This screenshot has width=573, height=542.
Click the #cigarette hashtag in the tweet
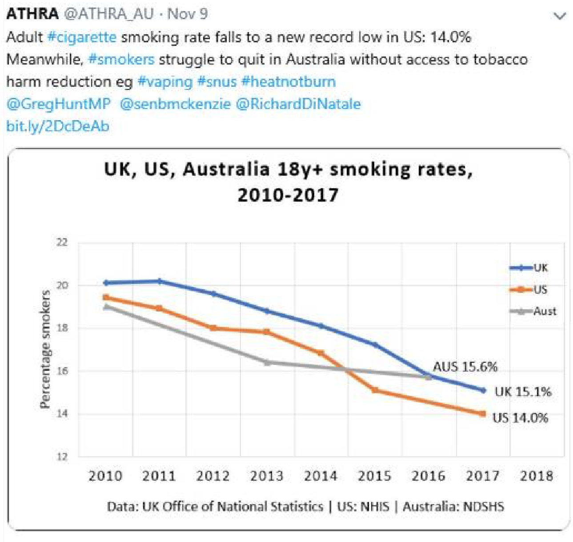click(82, 37)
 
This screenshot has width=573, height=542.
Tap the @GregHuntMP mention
click(58, 104)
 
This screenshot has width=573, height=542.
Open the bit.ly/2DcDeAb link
click(57, 126)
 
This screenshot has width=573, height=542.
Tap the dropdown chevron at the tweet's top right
click(559, 16)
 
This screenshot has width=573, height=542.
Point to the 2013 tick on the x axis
click(267, 476)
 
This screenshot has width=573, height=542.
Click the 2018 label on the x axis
click(536, 476)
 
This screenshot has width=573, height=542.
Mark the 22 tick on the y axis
click(62, 243)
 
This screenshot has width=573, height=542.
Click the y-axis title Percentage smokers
click(45, 349)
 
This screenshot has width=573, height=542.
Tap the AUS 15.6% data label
click(465, 367)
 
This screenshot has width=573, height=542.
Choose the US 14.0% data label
click(520, 417)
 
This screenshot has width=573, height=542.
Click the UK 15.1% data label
click(523, 392)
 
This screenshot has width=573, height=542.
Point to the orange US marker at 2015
click(375, 390)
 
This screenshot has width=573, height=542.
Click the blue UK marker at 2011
click(160, 281)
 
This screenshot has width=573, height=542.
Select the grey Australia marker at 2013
click(267, 363)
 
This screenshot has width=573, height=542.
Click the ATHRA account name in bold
click(32, 14)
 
